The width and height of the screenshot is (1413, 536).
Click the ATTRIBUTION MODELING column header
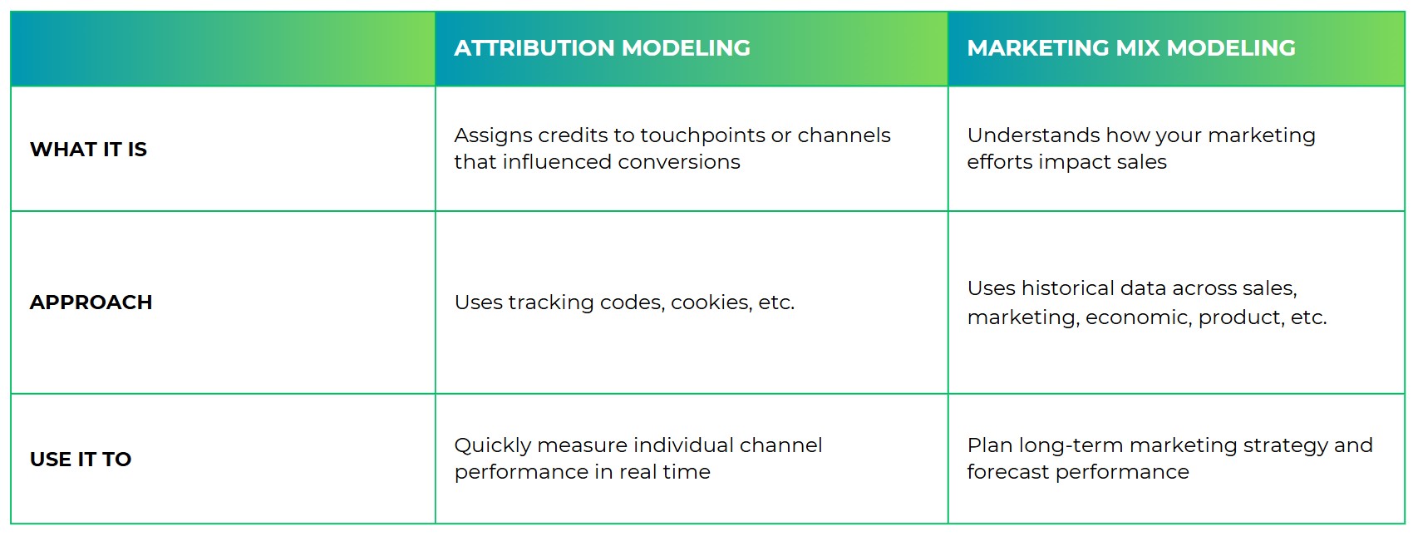click(x=603, y=48)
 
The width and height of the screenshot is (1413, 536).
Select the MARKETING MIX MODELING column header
click(x=1131, y=48)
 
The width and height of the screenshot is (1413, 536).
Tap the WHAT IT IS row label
click(x=88, y=150)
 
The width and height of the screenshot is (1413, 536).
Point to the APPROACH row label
click(x=91, y=302)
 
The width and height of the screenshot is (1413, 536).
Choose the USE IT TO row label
click(x=81, y=459)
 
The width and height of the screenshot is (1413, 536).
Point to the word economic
click(x=1139, y=317)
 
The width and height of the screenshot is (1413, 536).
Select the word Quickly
click(x=493, y=445)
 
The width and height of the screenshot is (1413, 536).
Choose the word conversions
click(x=679, y=163)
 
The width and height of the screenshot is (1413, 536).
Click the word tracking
click(x=551, y=302)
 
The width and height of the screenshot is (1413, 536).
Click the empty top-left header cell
click(x=223, y=48)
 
